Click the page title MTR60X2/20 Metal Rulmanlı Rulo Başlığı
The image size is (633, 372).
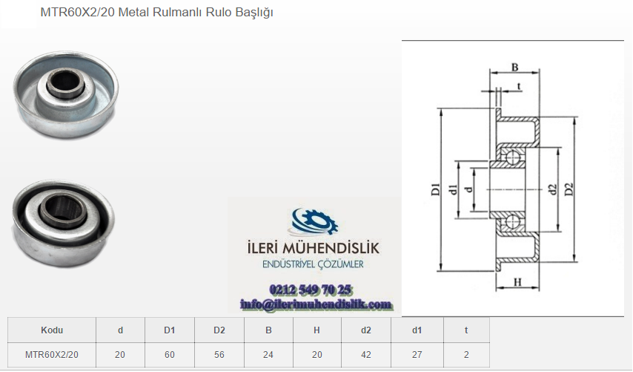[156, 13]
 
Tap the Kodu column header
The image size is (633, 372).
[52, 330]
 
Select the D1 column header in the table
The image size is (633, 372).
[170, 330]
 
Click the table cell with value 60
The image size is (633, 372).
[170, 355]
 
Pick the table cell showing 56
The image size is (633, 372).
[219, 355]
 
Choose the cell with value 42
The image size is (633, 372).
[366, 355]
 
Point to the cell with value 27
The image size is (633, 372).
[417, 355]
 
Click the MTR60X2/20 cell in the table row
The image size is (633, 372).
[52, 355]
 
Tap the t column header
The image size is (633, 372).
[466, 330]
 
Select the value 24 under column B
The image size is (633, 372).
[268, 355]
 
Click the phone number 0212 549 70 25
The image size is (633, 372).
[310, 290]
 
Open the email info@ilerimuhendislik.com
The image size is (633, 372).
[316, 304]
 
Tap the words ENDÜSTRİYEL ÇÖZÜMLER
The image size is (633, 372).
[313, 264]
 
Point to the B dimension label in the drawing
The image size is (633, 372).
[514, 67]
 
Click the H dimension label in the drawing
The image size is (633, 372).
[518, 282]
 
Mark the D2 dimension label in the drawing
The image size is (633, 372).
[569, 189]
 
